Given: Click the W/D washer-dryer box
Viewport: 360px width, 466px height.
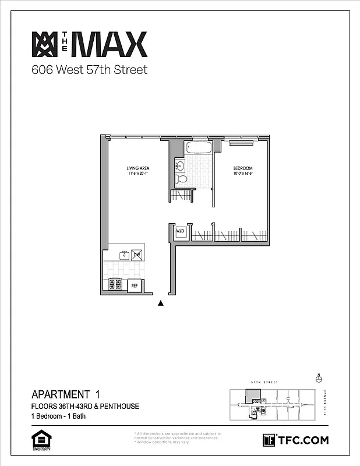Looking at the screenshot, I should [181, 231].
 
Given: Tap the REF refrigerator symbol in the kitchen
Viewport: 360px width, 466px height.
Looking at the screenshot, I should [134, 285].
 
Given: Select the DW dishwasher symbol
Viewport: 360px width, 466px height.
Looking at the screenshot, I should [137, 255].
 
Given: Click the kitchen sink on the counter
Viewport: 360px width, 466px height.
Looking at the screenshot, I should [124, 255].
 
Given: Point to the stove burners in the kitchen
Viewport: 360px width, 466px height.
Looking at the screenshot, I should [115, 285].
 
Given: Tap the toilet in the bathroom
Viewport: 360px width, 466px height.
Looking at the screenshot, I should [181, 179].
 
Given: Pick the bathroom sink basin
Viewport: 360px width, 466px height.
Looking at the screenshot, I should [180, 166].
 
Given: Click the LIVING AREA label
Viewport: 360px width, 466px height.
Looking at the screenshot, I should [134, 168].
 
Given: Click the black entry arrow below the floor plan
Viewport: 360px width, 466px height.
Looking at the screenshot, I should [161, 303].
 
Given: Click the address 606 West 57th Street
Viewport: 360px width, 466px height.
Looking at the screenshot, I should [89, 70].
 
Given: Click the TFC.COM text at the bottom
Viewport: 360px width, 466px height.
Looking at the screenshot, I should [302, 440].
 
